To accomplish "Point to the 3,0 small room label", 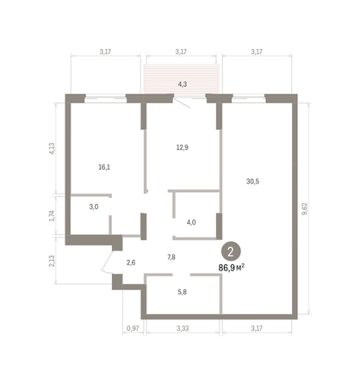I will (x=94, y=207).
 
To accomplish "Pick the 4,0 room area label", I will (x=190, y=223).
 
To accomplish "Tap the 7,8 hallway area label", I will (x=171, y=257).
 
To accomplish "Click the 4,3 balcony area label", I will (x=182, y=84).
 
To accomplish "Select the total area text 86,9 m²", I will (x=232, y=267).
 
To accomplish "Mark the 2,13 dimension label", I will (x=52, y=260).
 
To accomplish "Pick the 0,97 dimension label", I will (x=132, y=328).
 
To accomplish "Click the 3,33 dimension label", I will (x=182, y=328).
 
